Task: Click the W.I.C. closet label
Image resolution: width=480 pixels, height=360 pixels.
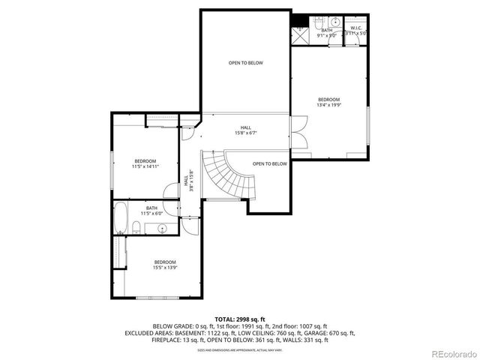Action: click(x=355, y=28)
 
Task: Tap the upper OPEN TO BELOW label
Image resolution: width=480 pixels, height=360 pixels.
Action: click(x=245, y=63)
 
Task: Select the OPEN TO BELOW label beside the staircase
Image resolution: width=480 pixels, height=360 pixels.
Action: click(x=269, y=163)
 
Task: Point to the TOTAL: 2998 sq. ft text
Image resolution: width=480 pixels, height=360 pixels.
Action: click(x=240, y=318)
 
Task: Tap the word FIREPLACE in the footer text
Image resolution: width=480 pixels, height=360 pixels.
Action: click(x=168, y=340)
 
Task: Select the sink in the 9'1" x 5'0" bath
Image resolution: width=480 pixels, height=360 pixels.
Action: click(x=335, y=22)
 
